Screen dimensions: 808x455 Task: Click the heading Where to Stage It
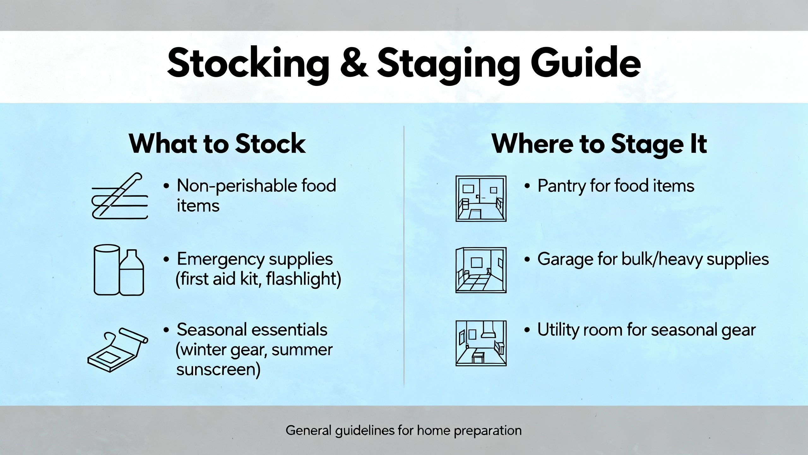(x=599, y=144)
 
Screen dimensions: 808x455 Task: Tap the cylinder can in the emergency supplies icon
(x=107, y=270)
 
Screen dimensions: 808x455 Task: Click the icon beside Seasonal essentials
(x=118, y=350)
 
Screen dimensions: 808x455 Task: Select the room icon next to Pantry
(x=481, y=199)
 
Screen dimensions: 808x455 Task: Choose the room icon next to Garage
(x=481, y=270)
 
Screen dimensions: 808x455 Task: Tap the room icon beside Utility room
(x=481, y=343)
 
